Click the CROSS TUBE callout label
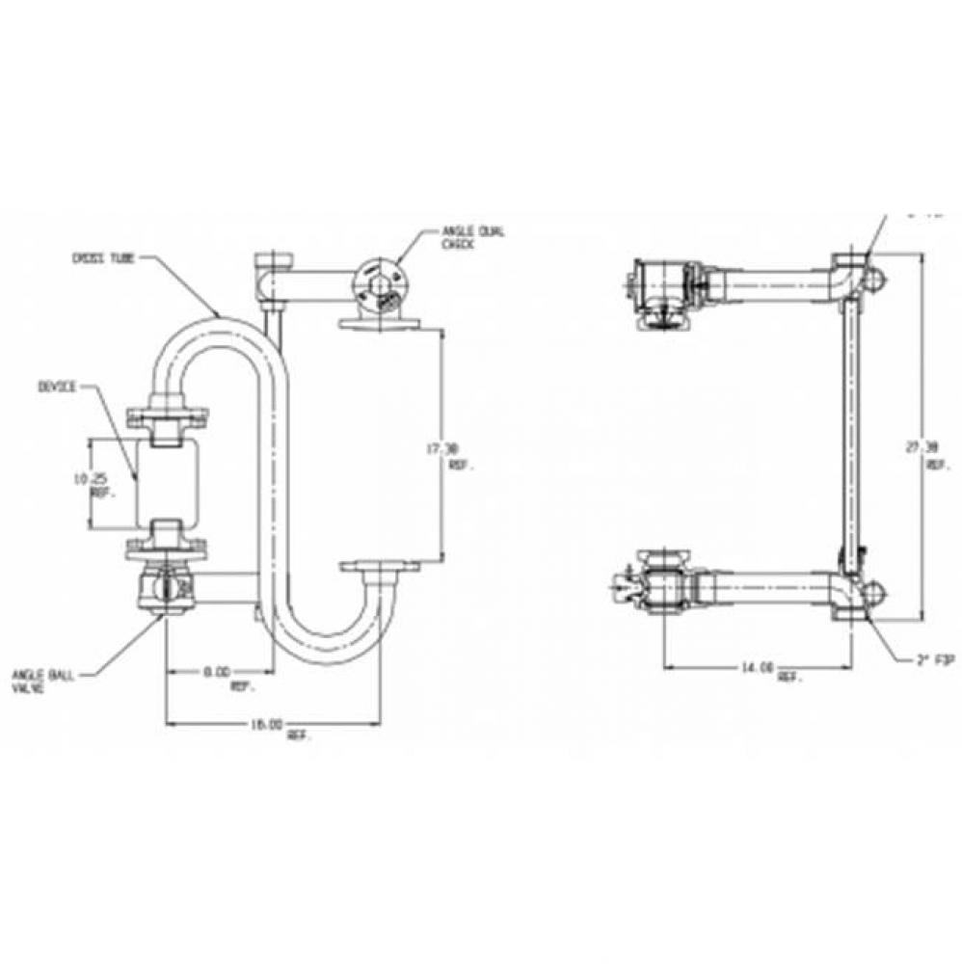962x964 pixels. pyautogui.click(x=104, y=258)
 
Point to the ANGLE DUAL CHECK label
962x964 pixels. pyautogui.click(x=473, y=237)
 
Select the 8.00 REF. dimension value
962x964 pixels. pyautogui.click(x=219, y=677)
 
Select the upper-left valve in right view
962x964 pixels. pyautogui.click(x=660, y=288)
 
